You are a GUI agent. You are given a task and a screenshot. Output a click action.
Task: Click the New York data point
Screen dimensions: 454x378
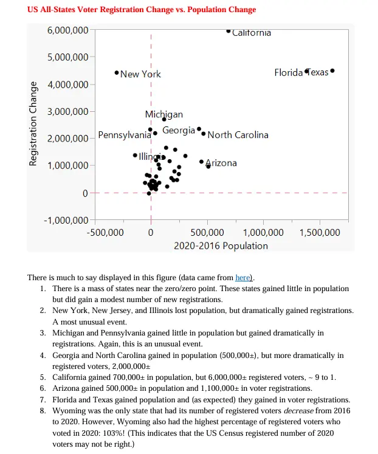[117, 73]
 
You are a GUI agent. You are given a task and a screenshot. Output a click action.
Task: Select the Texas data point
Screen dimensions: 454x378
[332, 71]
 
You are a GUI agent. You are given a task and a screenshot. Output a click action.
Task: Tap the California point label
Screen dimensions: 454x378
[252, 33]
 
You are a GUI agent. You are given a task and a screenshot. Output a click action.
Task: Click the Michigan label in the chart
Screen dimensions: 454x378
[163, 114]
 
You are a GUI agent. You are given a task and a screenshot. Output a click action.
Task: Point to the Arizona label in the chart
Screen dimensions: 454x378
[221, 163]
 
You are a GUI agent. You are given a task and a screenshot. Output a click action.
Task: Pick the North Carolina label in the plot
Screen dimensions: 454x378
[238, 135]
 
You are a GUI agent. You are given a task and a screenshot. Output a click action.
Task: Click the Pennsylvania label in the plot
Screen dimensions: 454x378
[125, 135]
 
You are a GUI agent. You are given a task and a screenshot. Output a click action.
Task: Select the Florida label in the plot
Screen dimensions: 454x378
[288, 72]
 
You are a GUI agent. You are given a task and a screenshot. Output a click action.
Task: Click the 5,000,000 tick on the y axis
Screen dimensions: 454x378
[67, 57]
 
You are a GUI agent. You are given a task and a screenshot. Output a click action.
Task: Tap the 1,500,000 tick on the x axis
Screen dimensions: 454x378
[320, 232]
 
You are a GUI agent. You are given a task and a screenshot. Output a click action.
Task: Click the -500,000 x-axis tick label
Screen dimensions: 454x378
[106, 232]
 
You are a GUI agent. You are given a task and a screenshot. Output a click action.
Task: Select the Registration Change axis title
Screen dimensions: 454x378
[34, 124]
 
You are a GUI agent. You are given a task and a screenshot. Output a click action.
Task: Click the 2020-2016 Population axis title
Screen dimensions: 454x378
[221, 246]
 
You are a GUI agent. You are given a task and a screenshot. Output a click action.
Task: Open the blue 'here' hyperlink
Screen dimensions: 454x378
[242, 277]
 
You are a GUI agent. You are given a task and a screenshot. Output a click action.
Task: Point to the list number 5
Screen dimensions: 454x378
[43, 377]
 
